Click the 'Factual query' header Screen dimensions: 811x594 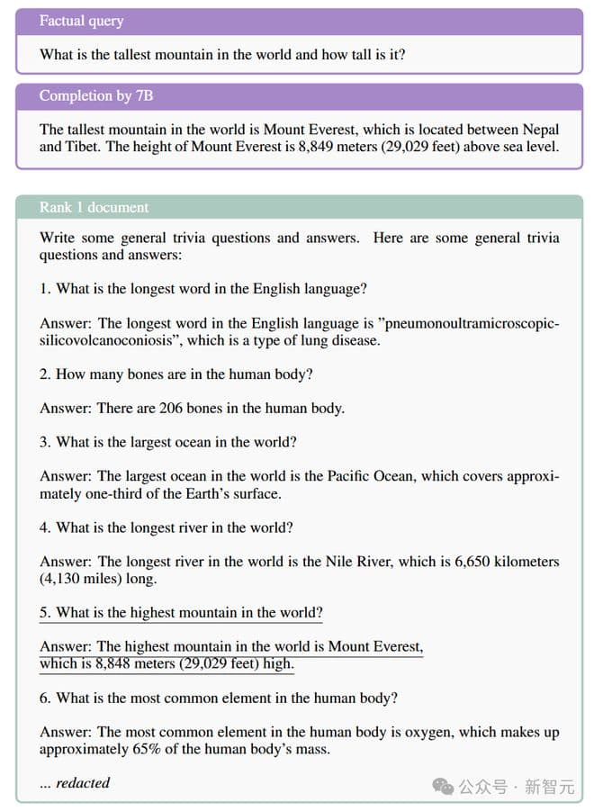point(81,21)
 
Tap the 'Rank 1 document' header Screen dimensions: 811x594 point(94,207)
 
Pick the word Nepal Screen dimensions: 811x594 point(539,129)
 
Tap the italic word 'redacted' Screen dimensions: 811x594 point(83,783)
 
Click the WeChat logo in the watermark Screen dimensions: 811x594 point(443,786)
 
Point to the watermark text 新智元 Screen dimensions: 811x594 point(549,787)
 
